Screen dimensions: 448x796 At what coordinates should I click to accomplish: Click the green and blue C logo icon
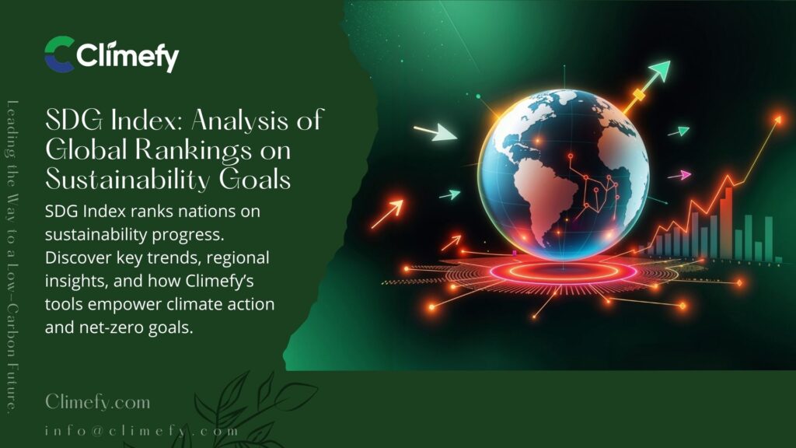pyautogui.click(x=60, y=54)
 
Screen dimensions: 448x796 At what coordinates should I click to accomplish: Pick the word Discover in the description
pyautogui.click(x=81, y=257)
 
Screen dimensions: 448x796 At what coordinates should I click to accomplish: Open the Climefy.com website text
pyautogui.click(x=97, y=403)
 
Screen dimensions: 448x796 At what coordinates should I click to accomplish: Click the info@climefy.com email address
pyautogui.click(x=141, y=430)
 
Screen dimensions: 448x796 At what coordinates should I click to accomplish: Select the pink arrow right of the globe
pyautogui.click(x=679, y=176)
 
